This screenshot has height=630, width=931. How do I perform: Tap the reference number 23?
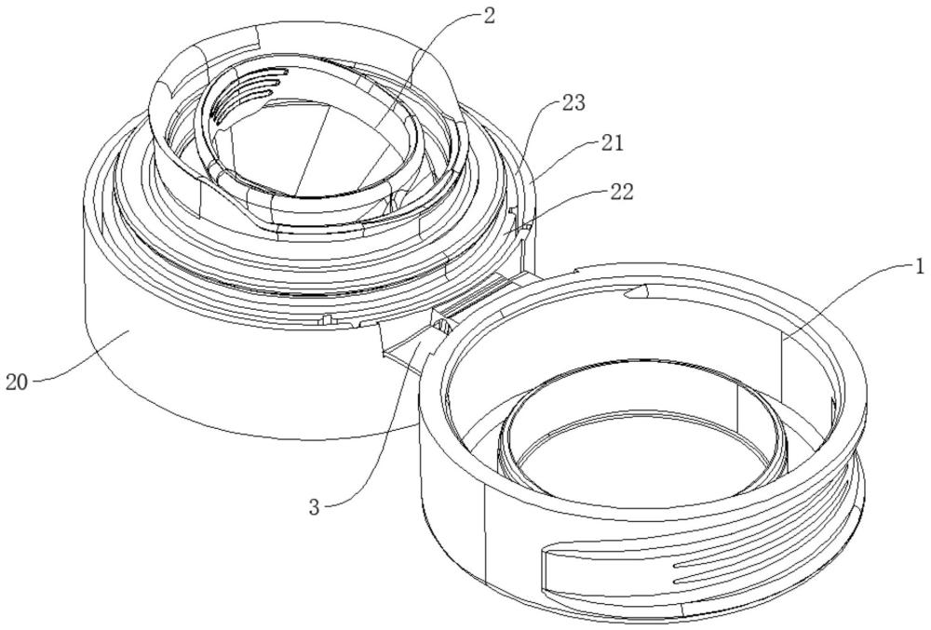pos(574,103)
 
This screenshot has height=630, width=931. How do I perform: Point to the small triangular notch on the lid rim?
pos(635,291)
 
